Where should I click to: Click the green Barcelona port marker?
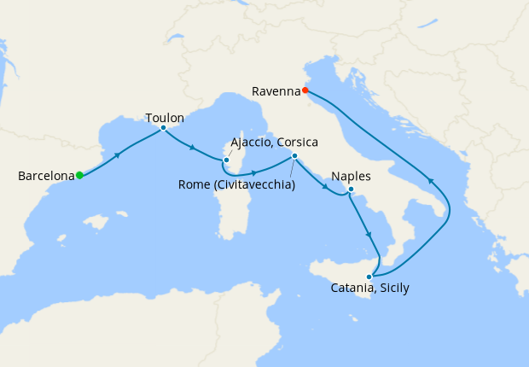(79, 176)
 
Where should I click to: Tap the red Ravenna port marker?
(305, 89)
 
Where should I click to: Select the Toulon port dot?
(163, 129)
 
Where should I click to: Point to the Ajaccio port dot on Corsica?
(226, 160)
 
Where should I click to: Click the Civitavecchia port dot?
(294, 155)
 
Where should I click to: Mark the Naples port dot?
(351, 189)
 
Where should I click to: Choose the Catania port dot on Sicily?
(369, 277)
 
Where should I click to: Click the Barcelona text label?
(46, 177)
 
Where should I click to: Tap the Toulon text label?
(165, 118)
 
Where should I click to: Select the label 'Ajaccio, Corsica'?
(275, 142)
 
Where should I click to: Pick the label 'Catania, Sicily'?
(369, 288)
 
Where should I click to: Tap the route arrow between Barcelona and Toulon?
(118, 154)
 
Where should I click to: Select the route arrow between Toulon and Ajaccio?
(193, 149)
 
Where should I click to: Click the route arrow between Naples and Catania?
(369, 235)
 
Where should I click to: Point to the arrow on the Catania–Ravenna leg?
(431, 181)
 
